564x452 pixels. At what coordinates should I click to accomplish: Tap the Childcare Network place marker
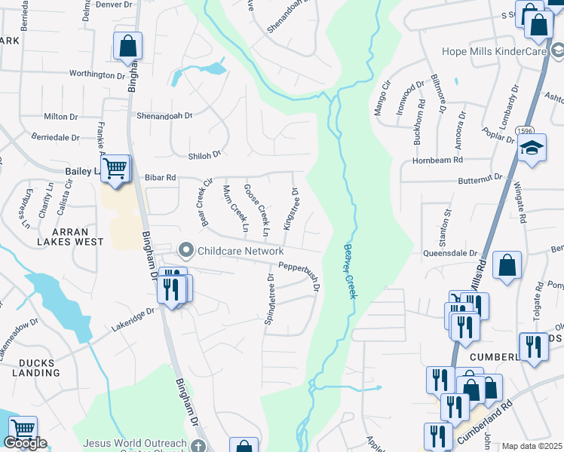pos(185,250)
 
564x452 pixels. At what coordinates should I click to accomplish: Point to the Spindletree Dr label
pos(269,299)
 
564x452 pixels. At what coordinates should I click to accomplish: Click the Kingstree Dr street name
pos(290,209)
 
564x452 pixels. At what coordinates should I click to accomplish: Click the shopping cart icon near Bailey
pos(115,169)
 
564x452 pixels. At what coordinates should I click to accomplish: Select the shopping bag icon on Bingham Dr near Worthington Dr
pos(127,46)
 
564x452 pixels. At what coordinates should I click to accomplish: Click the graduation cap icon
pos(532,147)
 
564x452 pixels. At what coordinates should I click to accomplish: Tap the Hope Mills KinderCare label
pos(495,52)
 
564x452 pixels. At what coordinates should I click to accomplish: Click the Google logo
pos(24,443)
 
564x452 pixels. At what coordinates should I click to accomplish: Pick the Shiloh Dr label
pos(204,154)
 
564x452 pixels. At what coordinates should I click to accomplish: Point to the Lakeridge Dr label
pos(134,319)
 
